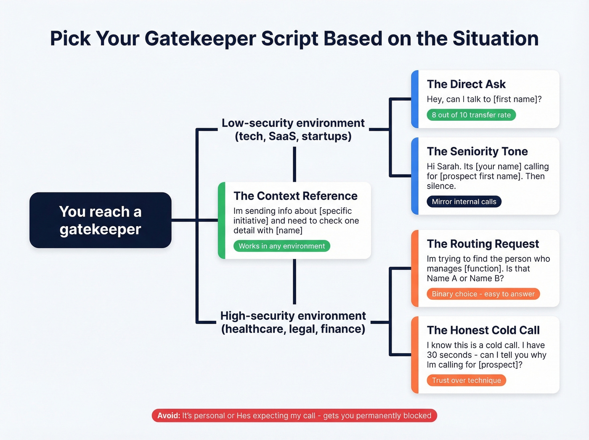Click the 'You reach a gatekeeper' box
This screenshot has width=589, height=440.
[x=100, y=220]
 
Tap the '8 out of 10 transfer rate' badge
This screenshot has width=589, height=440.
[x=471, y=115]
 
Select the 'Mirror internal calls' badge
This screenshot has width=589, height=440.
[x=464, y=202]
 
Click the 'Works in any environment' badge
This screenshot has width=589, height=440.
[x=281, y=246]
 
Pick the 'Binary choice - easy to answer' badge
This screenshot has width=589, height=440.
[x=483, y=294]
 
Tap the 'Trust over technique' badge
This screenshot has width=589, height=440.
[x=466, y=380]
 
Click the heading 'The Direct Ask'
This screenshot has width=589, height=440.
[x=466, y=84]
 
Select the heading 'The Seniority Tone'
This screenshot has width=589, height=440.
[x=477, y=152]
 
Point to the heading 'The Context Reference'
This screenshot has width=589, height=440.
[x=295, y=196]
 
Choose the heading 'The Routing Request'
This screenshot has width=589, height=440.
[x=483, y=244]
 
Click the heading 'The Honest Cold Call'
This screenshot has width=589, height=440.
[x=483, y=331]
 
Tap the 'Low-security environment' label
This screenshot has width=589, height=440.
[x=293, y=123]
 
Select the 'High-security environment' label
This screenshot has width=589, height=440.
[x=293, y=316]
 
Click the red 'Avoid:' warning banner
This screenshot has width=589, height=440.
[x=294, y=416]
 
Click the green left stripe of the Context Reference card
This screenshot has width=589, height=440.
[x=222, y=220]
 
